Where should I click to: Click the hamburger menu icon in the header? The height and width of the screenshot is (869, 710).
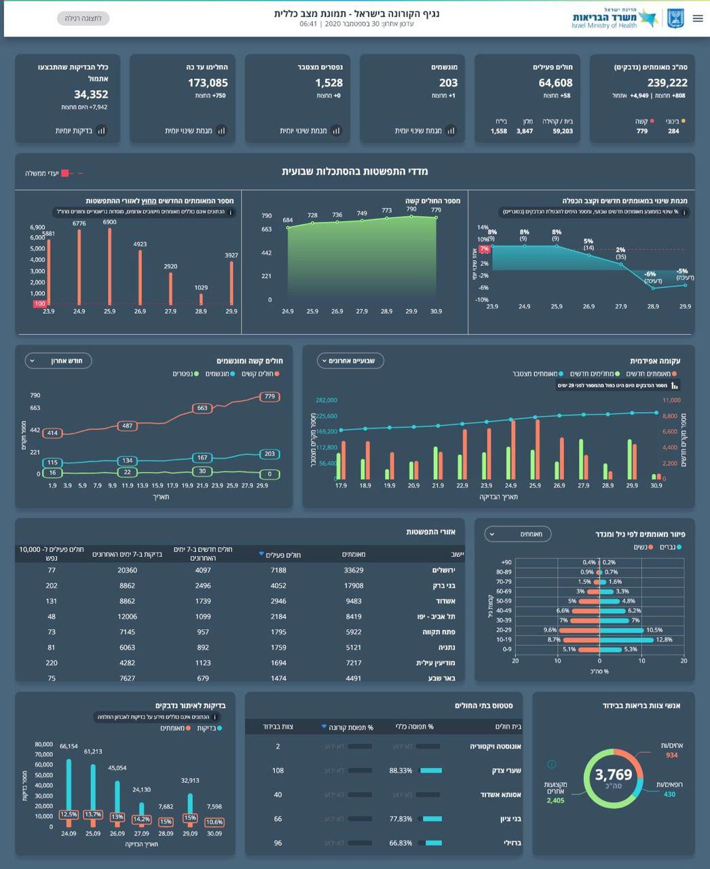click(698, 18)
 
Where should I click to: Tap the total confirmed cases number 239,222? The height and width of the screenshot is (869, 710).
click(659, 83)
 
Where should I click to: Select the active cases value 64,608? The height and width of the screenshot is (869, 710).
click(555, 83)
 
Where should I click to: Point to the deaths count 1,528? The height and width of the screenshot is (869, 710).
click(329, 83)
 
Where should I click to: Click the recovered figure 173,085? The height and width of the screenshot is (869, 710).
click(208, 83)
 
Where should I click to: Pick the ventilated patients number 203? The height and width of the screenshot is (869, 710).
click(448, 83)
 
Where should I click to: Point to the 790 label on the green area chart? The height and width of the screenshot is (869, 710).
click(411, 210)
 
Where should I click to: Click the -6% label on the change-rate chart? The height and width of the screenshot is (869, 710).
click(650, 274)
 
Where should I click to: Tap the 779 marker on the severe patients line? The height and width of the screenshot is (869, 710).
click(269, 396)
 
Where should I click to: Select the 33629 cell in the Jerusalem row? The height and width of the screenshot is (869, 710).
click(354, 570)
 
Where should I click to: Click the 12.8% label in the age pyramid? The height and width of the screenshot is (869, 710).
click(664, 640)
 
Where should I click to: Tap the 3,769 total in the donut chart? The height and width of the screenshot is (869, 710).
click(613, 775)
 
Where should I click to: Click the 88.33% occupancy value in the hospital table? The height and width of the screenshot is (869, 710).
click(400, 771)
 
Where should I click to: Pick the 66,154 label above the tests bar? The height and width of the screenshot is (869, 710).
click(69, 746)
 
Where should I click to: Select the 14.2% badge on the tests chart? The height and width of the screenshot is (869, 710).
click(141, 819)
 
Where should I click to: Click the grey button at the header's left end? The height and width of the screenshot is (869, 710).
click(83, 18)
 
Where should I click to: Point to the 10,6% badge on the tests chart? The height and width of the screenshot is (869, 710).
click(214, 822)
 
